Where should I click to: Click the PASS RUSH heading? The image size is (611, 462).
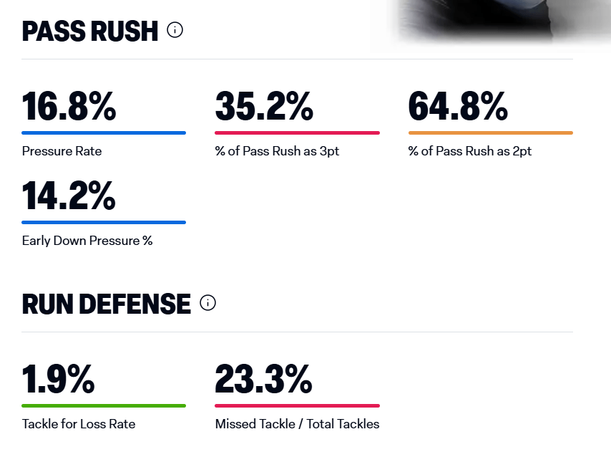90,31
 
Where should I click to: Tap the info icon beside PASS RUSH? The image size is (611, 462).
175,30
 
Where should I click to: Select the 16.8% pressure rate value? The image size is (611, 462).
69,106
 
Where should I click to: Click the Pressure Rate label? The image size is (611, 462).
62,151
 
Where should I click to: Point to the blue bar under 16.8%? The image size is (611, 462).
104,133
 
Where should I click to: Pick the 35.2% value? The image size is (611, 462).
264,106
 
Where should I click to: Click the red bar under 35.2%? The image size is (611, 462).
297,133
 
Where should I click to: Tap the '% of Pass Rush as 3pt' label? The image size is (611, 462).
277,151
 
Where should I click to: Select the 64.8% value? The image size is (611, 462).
458,106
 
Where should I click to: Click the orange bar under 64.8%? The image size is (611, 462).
490,133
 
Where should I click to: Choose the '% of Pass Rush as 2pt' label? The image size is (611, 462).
470,151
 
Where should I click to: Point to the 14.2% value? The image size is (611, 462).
69,196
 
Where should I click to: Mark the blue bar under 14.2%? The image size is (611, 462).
104,222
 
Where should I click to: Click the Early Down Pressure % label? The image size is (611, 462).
87,241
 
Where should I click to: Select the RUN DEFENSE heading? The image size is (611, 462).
107,304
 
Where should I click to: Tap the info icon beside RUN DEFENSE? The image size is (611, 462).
207,303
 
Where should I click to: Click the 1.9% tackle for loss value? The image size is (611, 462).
58,379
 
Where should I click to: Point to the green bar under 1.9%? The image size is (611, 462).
104,405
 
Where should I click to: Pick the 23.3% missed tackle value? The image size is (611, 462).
263,379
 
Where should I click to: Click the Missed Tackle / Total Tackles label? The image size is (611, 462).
297,424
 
